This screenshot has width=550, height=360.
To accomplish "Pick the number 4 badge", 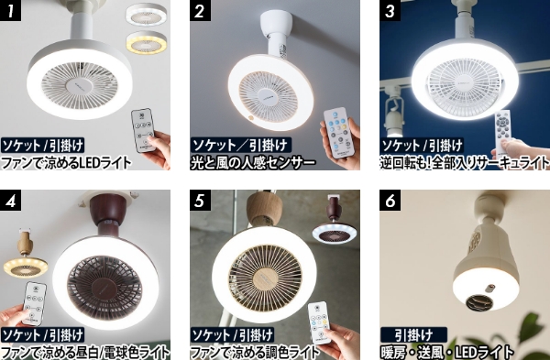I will click(x=13, y=200).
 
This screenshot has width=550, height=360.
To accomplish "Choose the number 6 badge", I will click(x=390, y=200).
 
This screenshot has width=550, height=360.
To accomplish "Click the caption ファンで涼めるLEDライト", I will click(x=67, y=164).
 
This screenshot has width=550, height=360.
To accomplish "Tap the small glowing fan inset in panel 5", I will click(x=335, y=229).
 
